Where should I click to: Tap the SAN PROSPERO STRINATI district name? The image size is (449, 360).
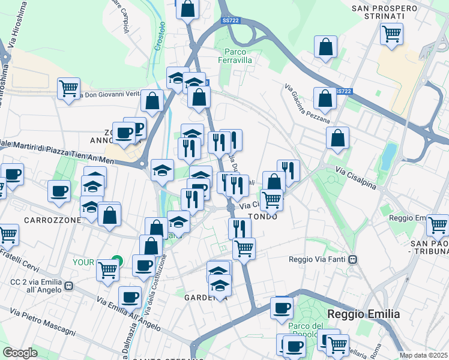pyautogui.click(x=384, y=12)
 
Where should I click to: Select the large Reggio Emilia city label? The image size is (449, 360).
pyautogui.click(x=363, y=314)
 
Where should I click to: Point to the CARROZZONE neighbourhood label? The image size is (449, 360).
pyautogui.click(x=52, y=220)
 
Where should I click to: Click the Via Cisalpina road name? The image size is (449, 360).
pyautogui.click(x=356, y=178)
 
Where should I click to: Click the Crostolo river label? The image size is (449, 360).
pyautogui.click(x=160, y=36)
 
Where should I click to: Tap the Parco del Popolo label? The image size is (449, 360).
pyautogui.click(x=306, y=331)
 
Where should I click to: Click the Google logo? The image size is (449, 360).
pyautogui.click(x=20, y=352)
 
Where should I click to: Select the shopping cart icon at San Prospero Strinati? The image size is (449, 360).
pyautogui.click(x=391, y=33)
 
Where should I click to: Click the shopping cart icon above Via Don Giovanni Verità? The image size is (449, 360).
pyautogui.click(x=68, y=88)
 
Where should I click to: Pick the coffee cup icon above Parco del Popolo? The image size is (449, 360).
pyautogui.click(x=282, y=308)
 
